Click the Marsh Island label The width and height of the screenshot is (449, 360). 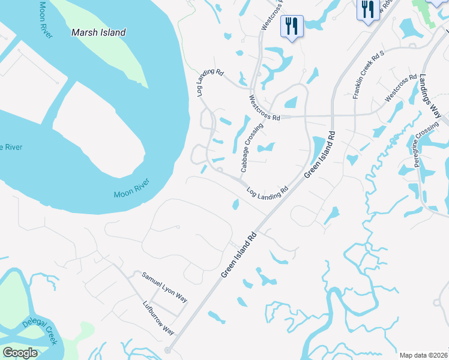tap(98, 32)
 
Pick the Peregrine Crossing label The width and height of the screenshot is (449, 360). tap(426, 146)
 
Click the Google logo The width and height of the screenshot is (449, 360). tap(20, 353)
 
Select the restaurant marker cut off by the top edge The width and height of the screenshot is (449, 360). tap(367, 10)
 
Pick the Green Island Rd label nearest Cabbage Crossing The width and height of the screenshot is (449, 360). tap(319, 155)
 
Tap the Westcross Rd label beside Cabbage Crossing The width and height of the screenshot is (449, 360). tap(265, 107)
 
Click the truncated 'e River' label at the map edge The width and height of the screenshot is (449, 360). tap(11, 147)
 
